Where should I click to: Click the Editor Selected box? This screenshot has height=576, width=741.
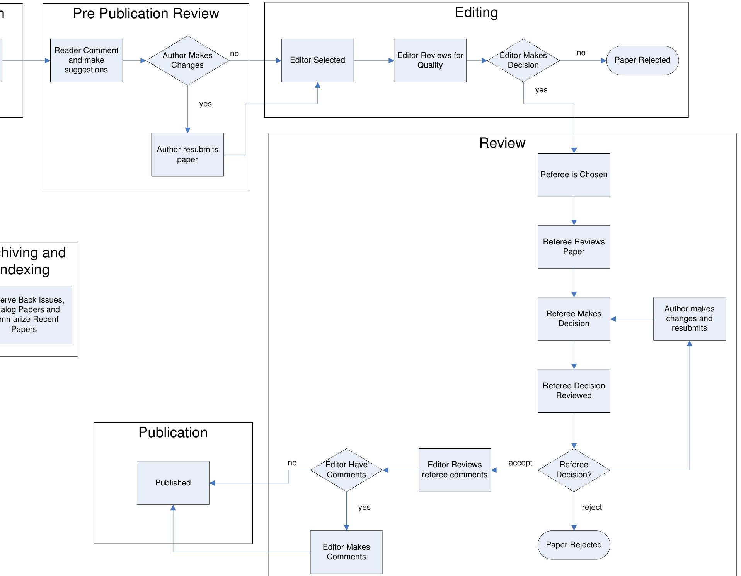coord(317,60)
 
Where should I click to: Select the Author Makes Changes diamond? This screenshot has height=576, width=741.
coord(187,60)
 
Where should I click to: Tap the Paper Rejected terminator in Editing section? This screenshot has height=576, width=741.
coord(642,60)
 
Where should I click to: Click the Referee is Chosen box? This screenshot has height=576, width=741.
coord(574,175)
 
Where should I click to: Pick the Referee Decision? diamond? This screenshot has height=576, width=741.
coord(574,470)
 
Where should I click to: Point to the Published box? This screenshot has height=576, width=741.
coord(173,483)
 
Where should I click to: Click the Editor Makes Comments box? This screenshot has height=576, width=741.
coord(346,552)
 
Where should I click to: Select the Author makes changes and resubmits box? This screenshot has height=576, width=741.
coord(689,319)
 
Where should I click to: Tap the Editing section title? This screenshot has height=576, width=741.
coord(476,12)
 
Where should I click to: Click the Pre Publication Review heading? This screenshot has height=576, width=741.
coord(146,14)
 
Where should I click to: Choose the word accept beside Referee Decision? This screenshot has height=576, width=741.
coord(520,463)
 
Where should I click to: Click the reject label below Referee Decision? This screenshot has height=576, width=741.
coord(592,507)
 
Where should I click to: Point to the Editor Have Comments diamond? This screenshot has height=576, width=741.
coord(346,470)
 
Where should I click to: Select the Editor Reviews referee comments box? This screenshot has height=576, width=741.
coord(455,470)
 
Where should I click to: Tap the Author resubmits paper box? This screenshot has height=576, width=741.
coord(187,155)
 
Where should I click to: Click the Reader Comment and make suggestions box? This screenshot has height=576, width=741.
coord(86,60)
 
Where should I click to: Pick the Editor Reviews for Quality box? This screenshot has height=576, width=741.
coord(430,60)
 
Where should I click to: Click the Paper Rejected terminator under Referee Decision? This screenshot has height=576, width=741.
coord(574,545)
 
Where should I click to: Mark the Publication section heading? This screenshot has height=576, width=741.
coord(173,432)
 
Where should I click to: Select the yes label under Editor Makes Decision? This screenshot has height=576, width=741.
coord(541,90)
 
